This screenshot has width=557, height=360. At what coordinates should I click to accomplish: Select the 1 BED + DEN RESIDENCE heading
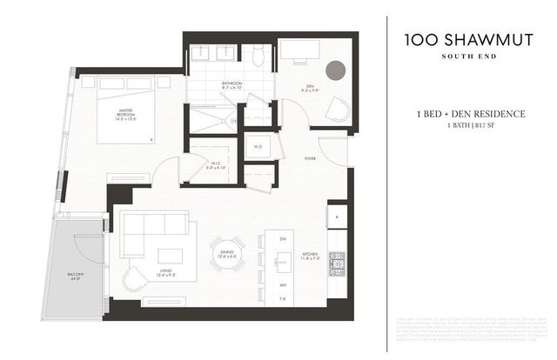click(471, 113)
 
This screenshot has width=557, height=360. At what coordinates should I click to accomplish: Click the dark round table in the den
click(335, 70)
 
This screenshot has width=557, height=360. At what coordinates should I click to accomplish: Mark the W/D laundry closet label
click(258, 146)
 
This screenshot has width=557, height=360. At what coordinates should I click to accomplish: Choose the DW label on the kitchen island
click(283, 238)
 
